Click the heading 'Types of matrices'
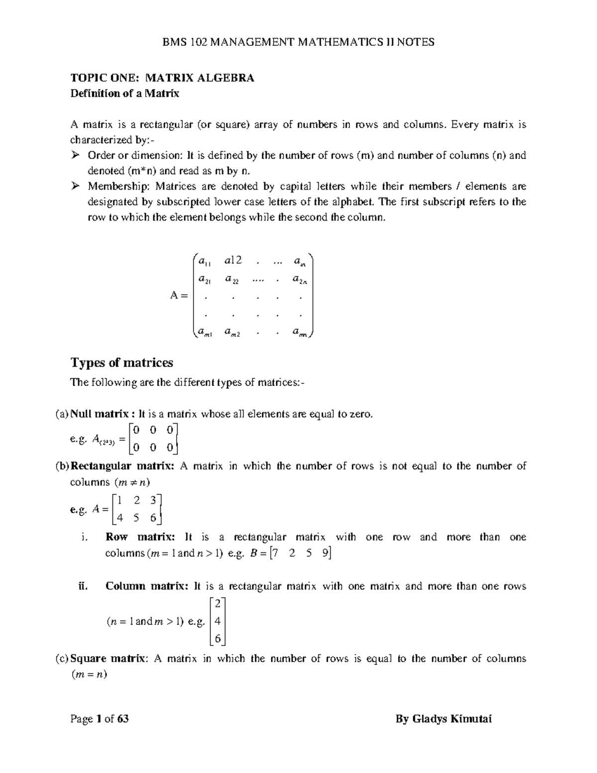(121, 363)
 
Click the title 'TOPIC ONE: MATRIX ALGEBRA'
(162, 78)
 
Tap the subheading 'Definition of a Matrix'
(124, 93)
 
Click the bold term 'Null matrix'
(99, 414)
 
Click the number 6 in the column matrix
(217, 638)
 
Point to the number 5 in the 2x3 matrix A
(137, 518)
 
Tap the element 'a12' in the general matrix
(233, 260)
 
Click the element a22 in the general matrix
(231, 280)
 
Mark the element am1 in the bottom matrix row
(204, 332)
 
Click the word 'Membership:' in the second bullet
(119, 187)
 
